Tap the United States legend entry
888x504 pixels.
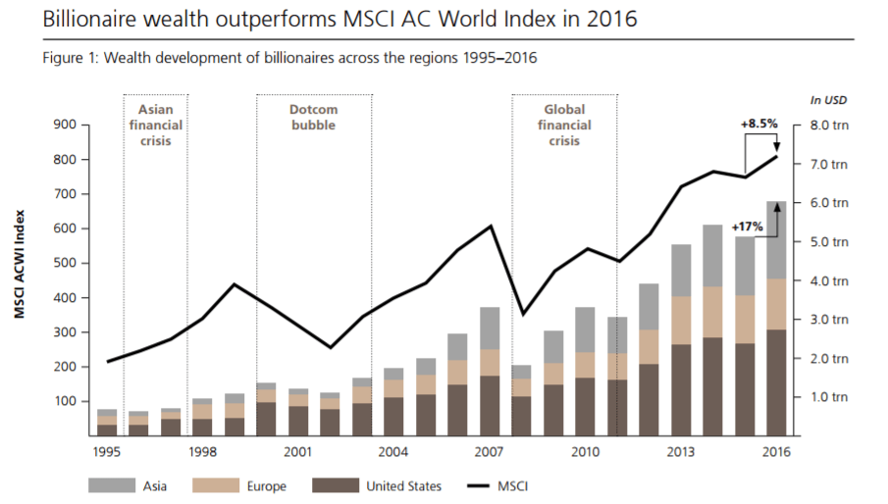pyautogui.click(x=404, y=485)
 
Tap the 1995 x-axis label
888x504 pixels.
pyautogui.click(x=108, y=451)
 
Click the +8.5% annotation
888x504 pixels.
pyautogui.click(x=758, y=124)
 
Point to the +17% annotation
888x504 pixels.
pyautogui.click(x=747, y=226)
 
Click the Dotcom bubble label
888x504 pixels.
pyautogui.click(x=313, y=118)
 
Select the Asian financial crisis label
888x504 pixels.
pyautogui.click(x=155, y=125)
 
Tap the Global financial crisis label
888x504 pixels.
pyautogui.click(x=564, y=125)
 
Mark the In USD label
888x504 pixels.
pyautogui.click(x=828, y=100)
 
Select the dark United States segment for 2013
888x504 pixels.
pyautogui.click(x=682, y=389)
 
